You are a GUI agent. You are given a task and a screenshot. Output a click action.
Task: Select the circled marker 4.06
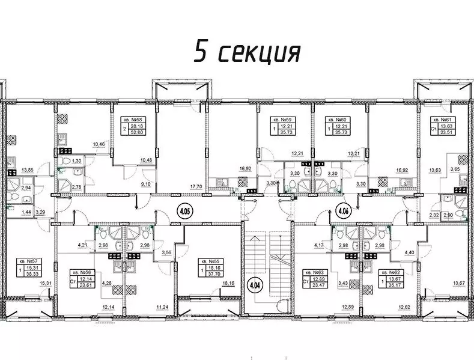coord(344,211)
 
